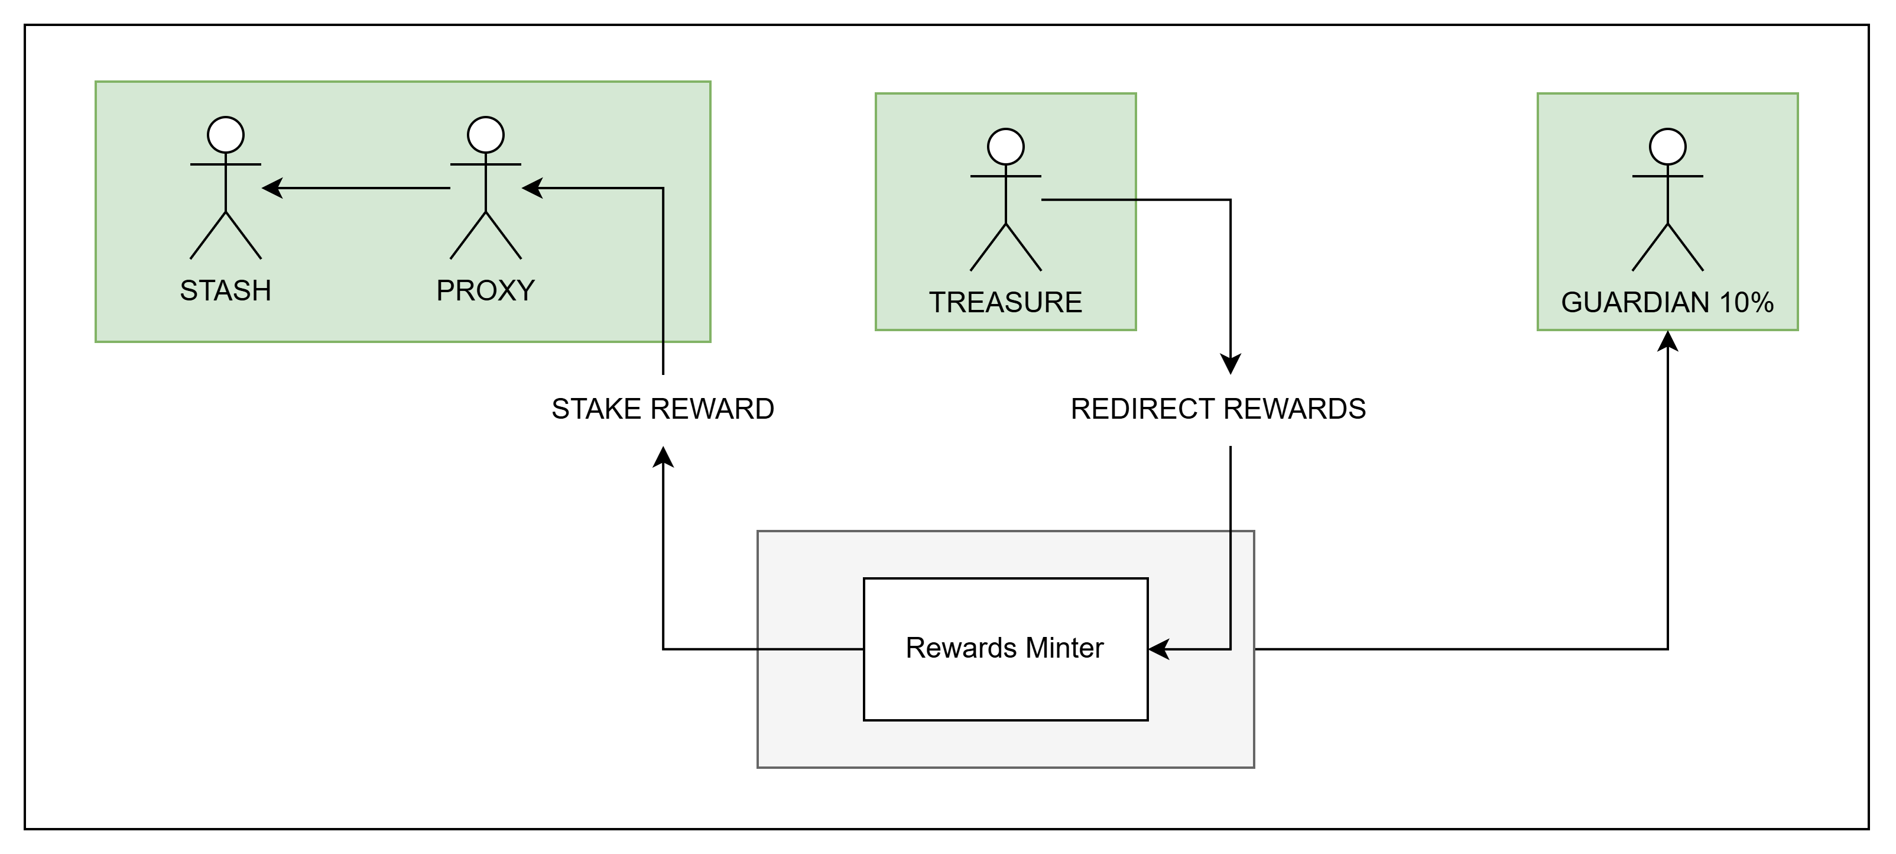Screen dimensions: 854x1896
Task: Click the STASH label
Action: tap(225, 291)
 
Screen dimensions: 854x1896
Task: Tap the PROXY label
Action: tap(485, 291)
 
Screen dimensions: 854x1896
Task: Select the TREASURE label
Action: tap(1005, 303)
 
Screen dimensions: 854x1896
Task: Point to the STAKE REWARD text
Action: tap(663, 409)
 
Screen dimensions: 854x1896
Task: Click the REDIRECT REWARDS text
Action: tap(1218, 409)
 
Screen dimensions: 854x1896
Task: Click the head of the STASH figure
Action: tap(225, 135)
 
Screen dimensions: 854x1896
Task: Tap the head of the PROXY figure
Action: tap(485, 135)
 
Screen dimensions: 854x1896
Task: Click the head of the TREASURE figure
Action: tap(1005, 147)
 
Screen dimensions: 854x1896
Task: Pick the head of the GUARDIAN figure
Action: tap(1667, 147)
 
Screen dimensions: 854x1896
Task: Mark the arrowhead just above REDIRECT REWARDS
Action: tap(1230, 364)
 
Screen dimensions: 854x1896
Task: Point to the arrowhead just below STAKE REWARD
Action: tap(663, 457)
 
